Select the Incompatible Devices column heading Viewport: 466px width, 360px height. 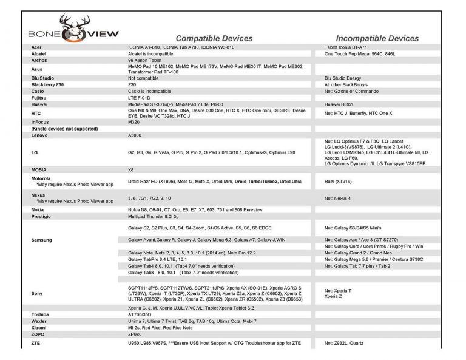(x=377, y=38)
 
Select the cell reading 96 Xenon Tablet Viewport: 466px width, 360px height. (x=145, y=60)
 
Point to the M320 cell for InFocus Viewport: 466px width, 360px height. (x=134, y=121)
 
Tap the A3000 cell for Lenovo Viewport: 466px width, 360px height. (x=136, y=135)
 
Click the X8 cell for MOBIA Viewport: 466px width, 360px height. (x=131, y=170)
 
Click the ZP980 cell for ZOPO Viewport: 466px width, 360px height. (x=135, y=334)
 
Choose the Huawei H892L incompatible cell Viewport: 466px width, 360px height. (x=343, y=105)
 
